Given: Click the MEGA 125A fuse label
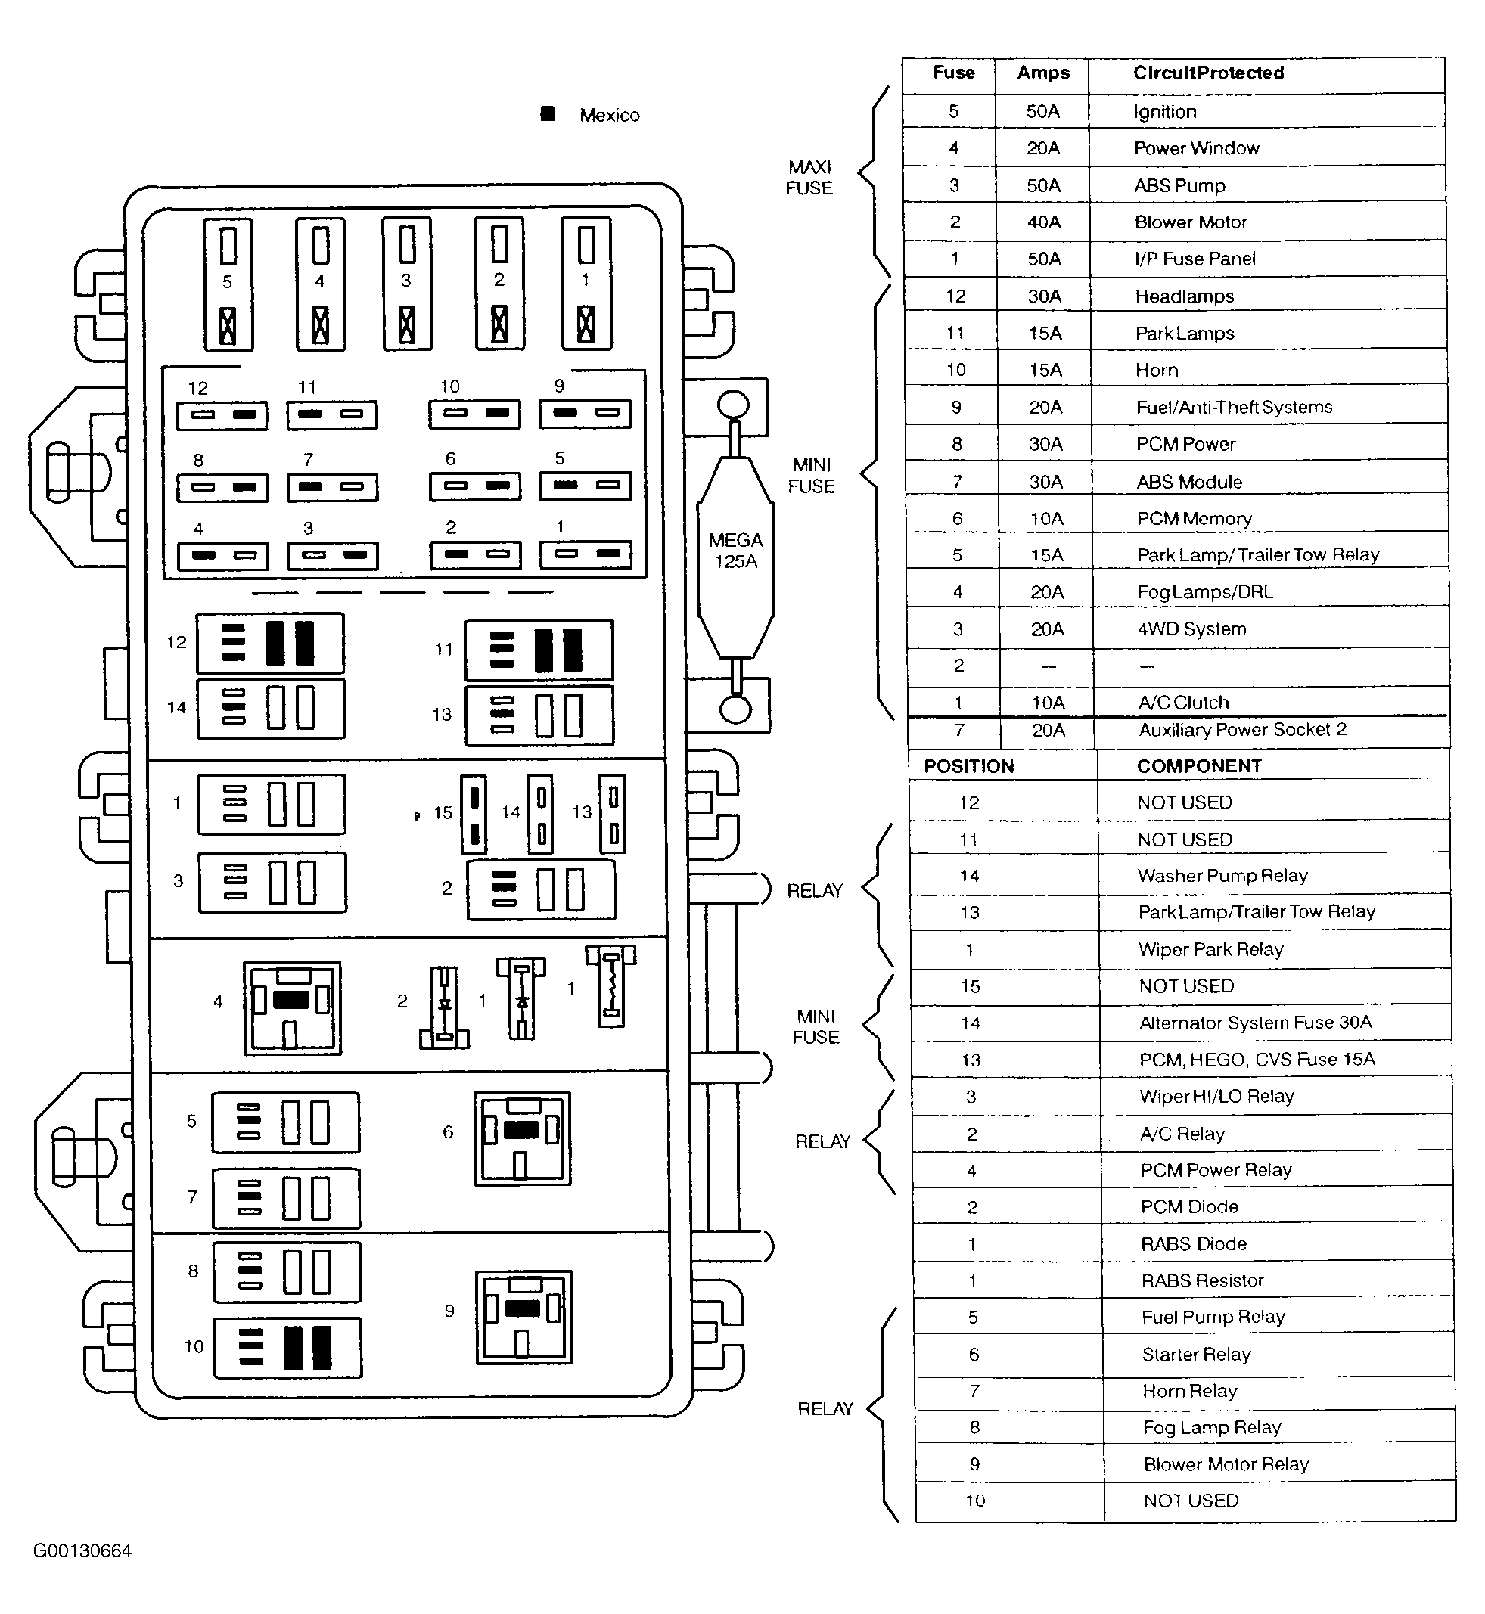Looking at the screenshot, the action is (x=736, y=551).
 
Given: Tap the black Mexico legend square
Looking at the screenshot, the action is (x=548, y=114).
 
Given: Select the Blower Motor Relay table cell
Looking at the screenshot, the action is (x=1226, y=1463).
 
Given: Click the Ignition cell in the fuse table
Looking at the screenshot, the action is (x=1164, y=112).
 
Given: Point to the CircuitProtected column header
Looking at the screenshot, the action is (x=1209, y=73).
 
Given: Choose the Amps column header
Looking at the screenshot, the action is (x=1043, y=73).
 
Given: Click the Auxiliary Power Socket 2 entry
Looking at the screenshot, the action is (x=1242, y=729).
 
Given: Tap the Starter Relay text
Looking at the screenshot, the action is (x=1197, y=1355).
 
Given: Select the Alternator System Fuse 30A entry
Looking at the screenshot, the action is (x=1255, y=1022).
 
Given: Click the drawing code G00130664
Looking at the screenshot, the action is (x=82, y=1551).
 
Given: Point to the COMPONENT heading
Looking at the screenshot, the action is (x=1199, y=766).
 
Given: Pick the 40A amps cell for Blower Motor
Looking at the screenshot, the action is (x=1044, y=222).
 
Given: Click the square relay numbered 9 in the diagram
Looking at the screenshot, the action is (x=524, y=1317).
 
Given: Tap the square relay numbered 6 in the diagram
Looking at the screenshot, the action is (x=522, y=1138).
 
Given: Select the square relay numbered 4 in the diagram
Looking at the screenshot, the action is (x=293, y=1008).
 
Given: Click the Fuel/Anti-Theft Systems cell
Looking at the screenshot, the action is (x=1235, y=408).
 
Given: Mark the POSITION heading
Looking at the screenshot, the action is (x=969, y=766).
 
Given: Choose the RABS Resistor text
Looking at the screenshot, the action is (x=1202, y=1280).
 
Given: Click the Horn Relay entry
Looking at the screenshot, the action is (x=1189, y=1391).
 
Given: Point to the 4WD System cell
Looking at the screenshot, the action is (x=1191, y=629).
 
